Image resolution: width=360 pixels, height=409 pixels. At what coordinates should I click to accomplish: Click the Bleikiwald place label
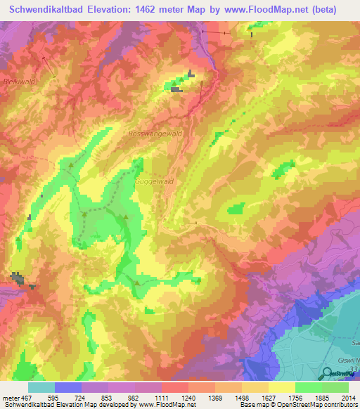19,81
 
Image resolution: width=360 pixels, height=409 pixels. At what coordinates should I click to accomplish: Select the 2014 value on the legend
349,398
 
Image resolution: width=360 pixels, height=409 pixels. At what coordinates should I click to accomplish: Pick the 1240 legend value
188,398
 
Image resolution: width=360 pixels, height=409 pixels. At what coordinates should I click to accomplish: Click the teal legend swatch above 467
41,387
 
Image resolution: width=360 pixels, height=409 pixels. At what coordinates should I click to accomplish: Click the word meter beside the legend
11,398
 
